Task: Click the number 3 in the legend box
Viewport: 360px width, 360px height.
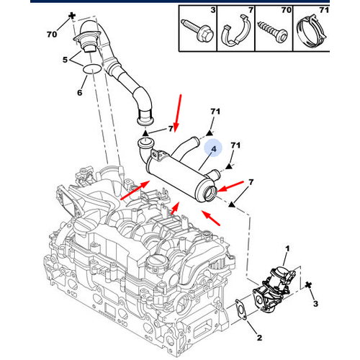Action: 212,12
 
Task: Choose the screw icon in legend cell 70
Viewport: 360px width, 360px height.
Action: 275,32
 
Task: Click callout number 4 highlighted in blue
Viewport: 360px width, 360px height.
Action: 212,149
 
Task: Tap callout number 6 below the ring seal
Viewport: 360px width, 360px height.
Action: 80,93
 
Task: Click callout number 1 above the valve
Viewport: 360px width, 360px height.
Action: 286,249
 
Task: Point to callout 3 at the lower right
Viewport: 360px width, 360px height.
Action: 315,305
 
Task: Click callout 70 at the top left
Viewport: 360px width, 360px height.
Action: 51,33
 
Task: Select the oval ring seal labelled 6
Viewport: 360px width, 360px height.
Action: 92,69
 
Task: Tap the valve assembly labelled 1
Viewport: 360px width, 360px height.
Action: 278,283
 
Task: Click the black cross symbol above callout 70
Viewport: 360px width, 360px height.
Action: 72,15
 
